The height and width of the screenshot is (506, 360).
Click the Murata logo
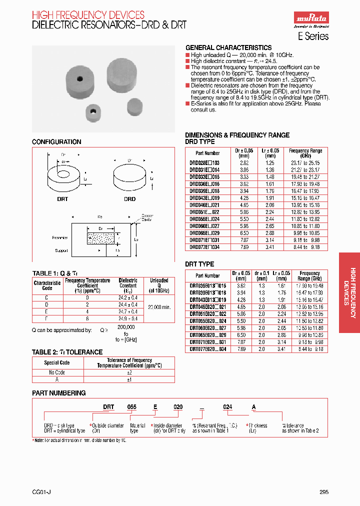pyautogui.click(x=310, y=19)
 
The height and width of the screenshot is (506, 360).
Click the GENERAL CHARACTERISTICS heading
pyautogui.click(x=228, y=47)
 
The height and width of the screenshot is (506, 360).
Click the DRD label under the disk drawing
pyautogui.click(x=129, y=199)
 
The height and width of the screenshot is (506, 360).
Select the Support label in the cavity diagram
pyautogui.click(x=61, y=250)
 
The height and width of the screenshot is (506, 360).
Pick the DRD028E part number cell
pyautogui.click(x=207, y=163)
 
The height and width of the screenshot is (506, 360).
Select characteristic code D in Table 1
pyautogui.click(x=47, y=303)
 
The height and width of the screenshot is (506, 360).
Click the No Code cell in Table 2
pyautogui.click(x=57, y=372)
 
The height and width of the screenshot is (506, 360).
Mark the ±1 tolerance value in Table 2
pyautogui.click(x=129, y=379)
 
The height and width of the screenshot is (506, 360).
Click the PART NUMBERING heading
pyautogui.click(x=58, y=393)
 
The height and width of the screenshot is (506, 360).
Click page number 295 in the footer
pyautogui.click(x=323, y=492)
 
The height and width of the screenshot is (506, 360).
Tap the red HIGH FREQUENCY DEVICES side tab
pyautogui.click(x=349, y=292)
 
